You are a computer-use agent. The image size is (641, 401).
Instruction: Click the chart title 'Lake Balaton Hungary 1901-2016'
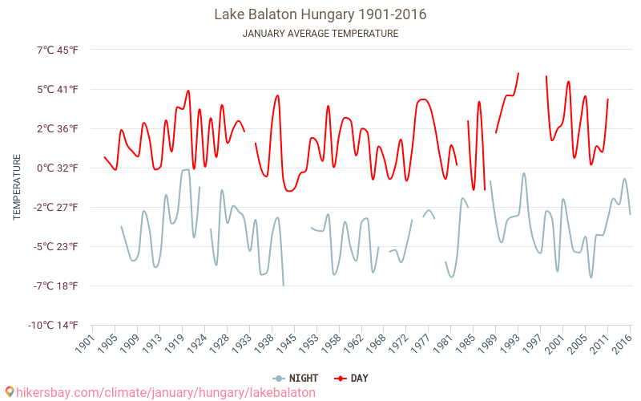[x=320, y=14]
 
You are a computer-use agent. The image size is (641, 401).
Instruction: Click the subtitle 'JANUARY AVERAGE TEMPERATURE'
[x=320, y=34]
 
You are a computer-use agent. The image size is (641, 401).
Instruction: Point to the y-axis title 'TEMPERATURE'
[x=17, y=188]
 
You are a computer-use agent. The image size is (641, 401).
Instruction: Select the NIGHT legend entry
[x=296, y=378]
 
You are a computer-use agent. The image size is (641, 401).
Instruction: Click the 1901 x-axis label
[x=84, y=343]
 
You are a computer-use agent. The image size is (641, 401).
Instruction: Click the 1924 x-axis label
[x=196, y=343]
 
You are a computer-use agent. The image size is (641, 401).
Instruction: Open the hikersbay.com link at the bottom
[x=165, y=393]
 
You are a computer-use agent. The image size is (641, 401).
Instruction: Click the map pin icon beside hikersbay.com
[x=9, y=392]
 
